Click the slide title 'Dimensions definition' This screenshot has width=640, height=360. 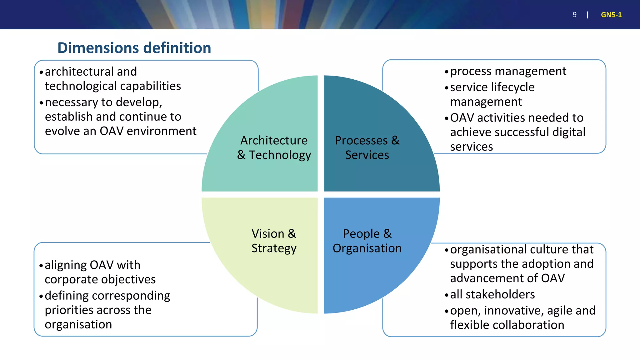[134, 48]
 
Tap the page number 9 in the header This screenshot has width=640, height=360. [574, 15]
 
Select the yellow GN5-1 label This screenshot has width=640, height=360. [611, 15]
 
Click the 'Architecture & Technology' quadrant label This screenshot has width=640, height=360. [274, 147]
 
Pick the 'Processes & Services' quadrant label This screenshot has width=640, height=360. [367, 147]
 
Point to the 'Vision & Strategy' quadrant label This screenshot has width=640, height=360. [274, 241]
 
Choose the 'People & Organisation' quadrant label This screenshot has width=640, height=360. [367, 241]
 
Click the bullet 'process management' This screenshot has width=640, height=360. [508, 71]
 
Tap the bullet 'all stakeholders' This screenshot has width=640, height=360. [492, 294]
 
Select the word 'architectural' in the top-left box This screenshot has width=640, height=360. [79, 72]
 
